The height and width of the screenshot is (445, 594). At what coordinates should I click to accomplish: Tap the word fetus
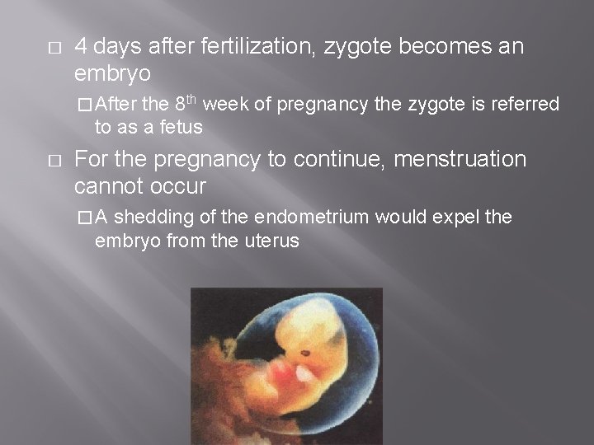point(181,128)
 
